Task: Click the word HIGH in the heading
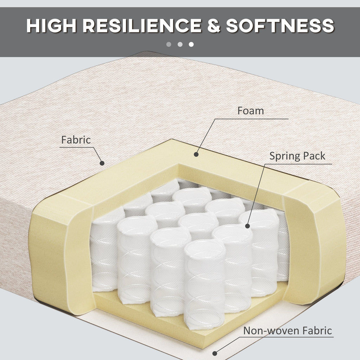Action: [x=51, y=25]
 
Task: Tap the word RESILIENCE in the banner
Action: [x=142, y=25]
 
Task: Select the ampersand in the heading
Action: [x=214, y=25]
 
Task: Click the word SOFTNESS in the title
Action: [x=280, y=25]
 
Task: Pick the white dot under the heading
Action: [x=191, y=44]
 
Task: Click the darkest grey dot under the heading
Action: [x=169, y=44]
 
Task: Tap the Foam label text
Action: [x=250, y=111]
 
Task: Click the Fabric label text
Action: [x=76, y=140]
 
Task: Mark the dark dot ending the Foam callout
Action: [x=196, y=155]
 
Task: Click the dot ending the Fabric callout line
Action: [x=102, y=163]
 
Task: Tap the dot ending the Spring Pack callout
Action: [x=247, y=226]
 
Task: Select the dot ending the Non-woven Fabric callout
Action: [x=215, y=353]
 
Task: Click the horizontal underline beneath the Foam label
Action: [x=252, y=119]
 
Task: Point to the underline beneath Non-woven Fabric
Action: [x=286, y=337]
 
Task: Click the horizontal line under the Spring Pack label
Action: [x=298, y=164]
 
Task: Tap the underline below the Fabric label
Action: [x=77, y=147]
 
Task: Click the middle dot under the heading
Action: [x=180, y=44]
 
